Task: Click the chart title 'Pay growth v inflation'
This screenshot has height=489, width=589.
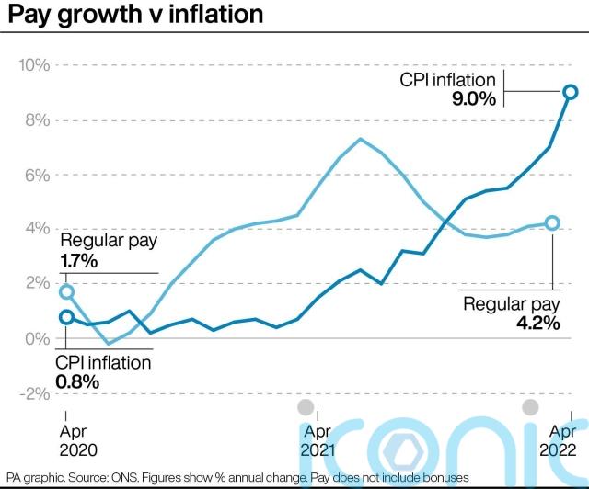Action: point(134,16)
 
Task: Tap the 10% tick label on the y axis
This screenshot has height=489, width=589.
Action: point(33,65)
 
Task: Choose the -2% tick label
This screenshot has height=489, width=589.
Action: point(34,392)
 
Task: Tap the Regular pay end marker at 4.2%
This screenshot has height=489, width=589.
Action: point(552,222)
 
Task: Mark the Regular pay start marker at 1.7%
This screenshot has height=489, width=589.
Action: point(66,291)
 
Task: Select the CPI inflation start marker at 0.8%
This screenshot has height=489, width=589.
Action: point(66,317)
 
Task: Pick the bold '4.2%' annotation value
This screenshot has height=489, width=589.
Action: point(533,324)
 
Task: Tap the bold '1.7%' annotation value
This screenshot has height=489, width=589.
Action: point(79,261)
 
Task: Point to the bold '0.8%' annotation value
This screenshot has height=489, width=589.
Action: point(79,381)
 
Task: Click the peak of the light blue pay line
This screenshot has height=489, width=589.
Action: point(360,139)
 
